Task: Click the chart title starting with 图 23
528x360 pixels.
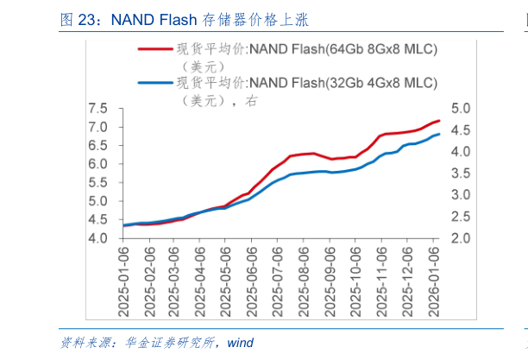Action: (185, 20)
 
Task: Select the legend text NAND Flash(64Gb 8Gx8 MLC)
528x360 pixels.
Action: (343, 49)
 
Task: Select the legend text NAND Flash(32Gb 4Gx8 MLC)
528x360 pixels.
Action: (343, 84)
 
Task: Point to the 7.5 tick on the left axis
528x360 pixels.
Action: (97, 109)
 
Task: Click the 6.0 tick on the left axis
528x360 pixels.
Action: (97, 164)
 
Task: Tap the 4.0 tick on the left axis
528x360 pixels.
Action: (97, 237)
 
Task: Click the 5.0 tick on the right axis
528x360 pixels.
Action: (460, 109)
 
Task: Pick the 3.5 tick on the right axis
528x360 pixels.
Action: (460, 174)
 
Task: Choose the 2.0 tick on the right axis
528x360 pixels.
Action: (460, 237)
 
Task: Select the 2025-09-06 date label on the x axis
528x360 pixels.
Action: (330, 273)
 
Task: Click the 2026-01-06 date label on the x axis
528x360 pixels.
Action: (435, 273)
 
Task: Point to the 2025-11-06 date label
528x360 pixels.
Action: (383, 273)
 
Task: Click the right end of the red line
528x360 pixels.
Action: (439, 121)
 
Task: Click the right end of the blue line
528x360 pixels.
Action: (439, 134)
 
